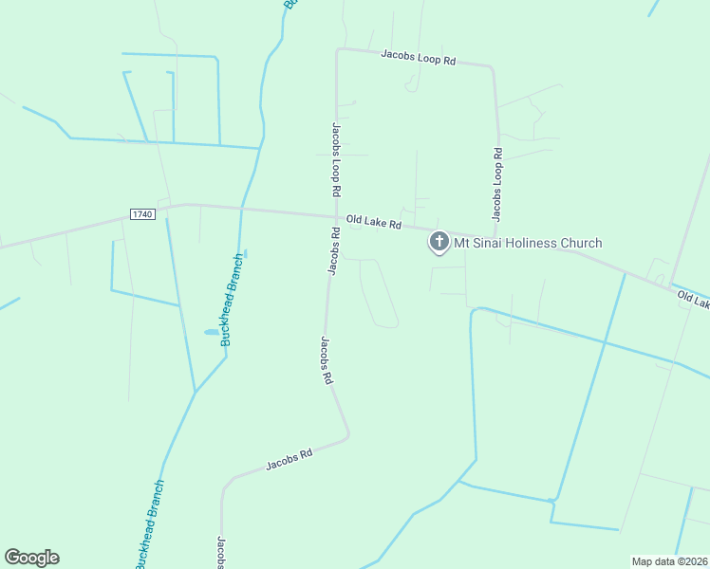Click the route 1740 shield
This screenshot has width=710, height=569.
tap(142, 214)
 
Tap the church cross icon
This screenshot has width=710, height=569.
tap(439, 242)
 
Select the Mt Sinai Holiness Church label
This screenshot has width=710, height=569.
tap(528, 244)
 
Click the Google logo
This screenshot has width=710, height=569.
tap(31, 558)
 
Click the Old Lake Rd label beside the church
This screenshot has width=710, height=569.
tap(374, 222)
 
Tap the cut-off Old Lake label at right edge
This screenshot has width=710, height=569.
tap(694, 300)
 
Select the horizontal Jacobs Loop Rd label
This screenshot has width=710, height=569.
tap(419, 59)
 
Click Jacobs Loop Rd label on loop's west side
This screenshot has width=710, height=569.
tap(337, 158)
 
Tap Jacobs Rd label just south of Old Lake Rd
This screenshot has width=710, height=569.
tap(334, 250)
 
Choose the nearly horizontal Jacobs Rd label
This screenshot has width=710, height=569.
tap(289, 460)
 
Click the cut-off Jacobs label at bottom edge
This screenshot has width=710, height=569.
tap(220, 553)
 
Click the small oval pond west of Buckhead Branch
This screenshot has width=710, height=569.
tap(210, 332)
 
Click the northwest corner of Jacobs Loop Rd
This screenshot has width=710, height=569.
tap(337, 50)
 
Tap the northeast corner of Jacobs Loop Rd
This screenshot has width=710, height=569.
tap(492, 68)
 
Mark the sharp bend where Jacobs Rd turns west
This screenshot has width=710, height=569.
tap(348, 435)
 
